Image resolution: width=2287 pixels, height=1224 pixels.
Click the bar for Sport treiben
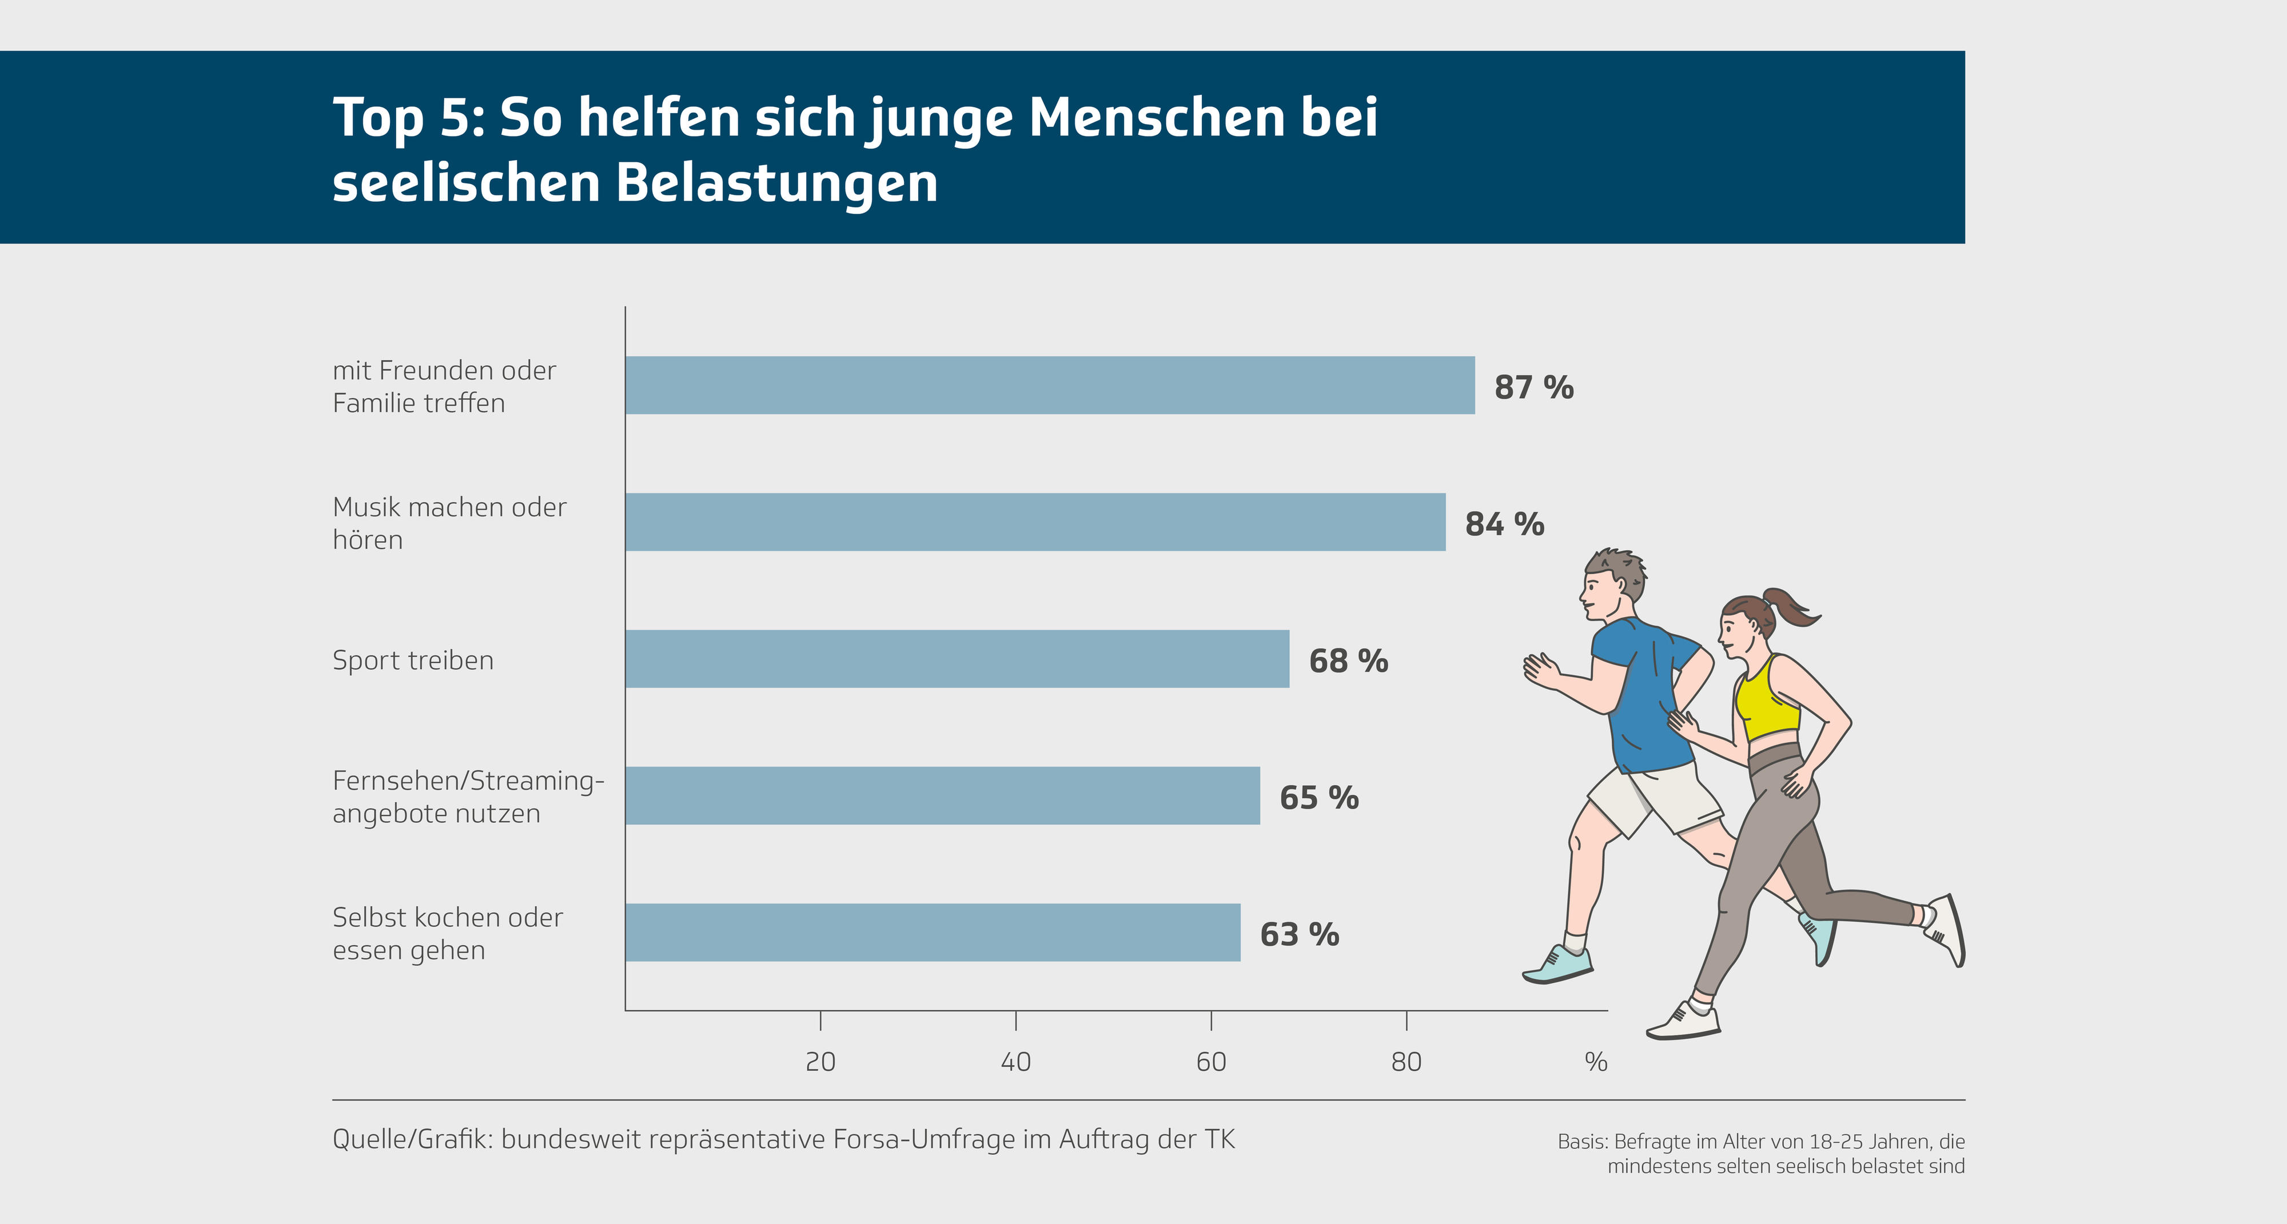957,659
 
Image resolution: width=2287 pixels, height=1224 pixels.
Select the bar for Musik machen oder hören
1035,522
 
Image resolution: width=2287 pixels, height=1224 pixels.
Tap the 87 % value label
1533,387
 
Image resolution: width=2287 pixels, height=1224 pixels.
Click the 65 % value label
1318,798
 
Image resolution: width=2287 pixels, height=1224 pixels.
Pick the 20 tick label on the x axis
820,1062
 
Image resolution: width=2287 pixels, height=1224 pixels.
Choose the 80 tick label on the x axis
1407,1062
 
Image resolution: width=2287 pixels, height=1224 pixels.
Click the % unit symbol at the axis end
1595,1062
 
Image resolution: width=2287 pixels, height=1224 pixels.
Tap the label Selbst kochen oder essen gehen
448,933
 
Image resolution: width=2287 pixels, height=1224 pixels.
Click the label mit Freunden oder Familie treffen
444,386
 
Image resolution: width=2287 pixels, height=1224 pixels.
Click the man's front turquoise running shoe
1558,966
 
